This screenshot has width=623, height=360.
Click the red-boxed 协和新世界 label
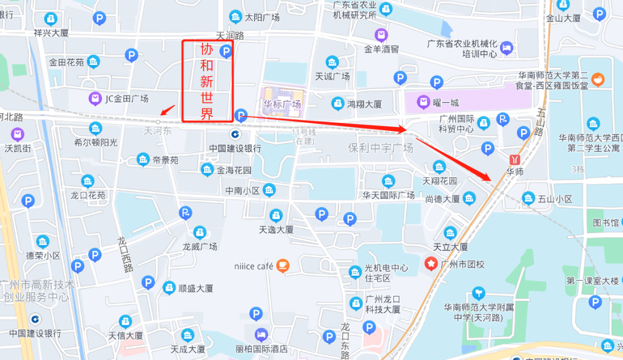[x=207, y=81]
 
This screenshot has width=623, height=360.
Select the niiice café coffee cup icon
[x=282, y=265]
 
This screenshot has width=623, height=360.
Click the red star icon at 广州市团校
[x=431, y=264]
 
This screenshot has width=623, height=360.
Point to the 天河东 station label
[x=157, y=132]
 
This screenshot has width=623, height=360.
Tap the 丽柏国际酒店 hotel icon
[x=261, y=334]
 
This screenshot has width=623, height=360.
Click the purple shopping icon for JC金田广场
[x=95, y=99]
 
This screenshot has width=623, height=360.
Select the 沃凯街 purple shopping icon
[x=17, y=135]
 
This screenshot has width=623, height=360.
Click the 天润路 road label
[x=230, y=36]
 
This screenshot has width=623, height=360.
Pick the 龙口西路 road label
[x=126, y=254]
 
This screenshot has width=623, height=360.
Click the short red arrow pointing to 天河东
[x=168, y=110]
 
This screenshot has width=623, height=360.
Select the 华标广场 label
[x=282, y=104]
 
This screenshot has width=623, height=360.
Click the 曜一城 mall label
[x=446, y=103]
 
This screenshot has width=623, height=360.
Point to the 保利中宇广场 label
[x=381, y=148]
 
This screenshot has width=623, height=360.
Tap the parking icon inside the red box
[x=226, y=52]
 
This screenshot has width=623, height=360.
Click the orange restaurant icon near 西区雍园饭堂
[x=598, y=78]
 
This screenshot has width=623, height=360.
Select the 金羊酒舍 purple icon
[x=381, y=35]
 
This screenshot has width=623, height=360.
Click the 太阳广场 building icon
[x=235, y=16]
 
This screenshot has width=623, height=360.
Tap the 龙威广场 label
[x=200, y=246]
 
